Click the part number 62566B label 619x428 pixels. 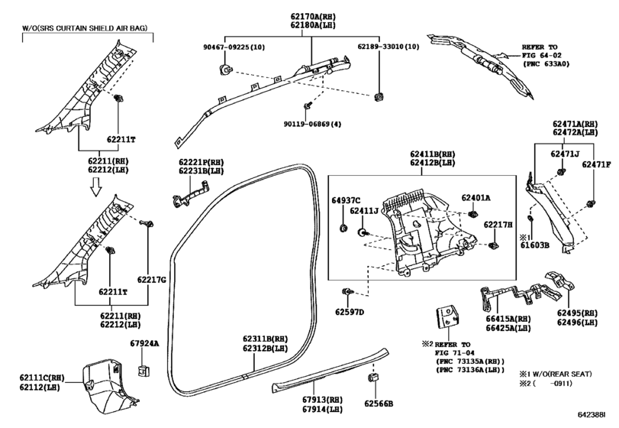[379, 404]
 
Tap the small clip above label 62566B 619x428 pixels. [373, 378]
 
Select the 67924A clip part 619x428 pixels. [143, 371]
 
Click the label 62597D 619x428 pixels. [350, 312]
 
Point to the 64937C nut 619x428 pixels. [343, 228]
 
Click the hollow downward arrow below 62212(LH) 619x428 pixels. [95, 186]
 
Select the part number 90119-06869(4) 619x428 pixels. [312, 124]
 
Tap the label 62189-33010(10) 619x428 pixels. [388, 47]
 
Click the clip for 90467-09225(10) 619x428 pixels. [225, 70]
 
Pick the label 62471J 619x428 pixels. [565, 154]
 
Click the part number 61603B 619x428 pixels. [534, 245]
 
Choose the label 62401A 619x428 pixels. [476, 198]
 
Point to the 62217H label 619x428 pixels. [498, 225]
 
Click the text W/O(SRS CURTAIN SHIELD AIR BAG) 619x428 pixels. [85, 28]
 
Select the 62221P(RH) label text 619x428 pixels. [201, 163]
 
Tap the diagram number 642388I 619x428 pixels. [592, 414]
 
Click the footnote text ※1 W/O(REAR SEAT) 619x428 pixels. [556, 374]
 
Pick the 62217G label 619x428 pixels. [152, 280]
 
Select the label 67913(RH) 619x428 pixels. [323, 400]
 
